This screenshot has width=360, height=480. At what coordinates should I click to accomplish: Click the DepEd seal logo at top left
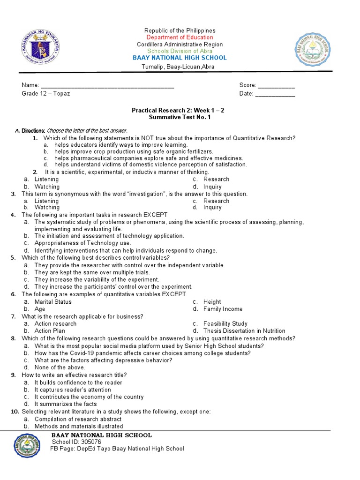click(40, 48)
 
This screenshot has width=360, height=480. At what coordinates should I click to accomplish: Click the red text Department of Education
click(180, 37)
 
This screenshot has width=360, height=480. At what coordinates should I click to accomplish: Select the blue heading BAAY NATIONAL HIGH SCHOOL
click(180, 58)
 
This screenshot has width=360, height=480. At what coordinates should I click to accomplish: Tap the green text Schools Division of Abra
click(180, 51)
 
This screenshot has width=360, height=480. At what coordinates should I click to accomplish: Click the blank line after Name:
click(108, 86)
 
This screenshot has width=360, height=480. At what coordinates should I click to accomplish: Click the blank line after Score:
click(277, 86)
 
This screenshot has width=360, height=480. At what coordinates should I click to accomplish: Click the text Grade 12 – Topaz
click(46, 94)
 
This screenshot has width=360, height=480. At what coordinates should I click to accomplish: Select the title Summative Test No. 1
click(180, 118)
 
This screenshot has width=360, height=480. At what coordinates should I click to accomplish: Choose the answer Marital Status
click(53, 302)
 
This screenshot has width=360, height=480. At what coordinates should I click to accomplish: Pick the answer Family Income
click(223, 309)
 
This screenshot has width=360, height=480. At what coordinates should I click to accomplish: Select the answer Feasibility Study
click(225, 324)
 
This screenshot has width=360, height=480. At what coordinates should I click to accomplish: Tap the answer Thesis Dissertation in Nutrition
click(244, 331)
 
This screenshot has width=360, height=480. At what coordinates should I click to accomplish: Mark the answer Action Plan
click(50, 331)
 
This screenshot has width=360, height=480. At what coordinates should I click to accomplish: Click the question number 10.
click(15, 412)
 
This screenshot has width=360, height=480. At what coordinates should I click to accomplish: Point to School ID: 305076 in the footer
click(76, 442)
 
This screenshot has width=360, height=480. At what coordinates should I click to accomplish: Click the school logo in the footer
click(27, 445)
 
